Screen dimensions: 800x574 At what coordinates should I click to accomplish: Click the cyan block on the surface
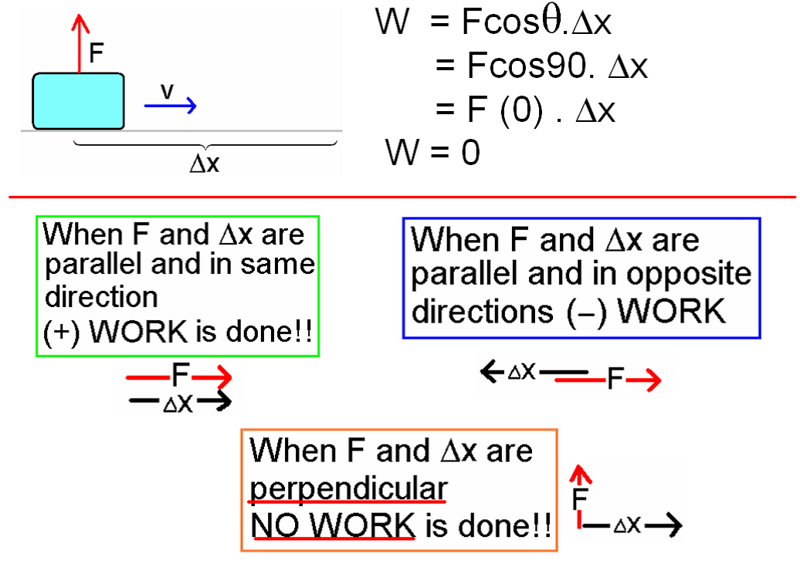[x=78, y=101]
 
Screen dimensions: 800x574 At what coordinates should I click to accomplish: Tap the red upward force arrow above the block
[x=80, y=43]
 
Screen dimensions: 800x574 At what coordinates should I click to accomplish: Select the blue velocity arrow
[x=171, y=106]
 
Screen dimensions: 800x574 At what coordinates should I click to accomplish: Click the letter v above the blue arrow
[x=167, y=91]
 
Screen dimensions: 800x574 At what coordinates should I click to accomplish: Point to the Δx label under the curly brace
[x=204, y=164]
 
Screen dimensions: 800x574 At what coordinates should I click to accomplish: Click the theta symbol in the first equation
[x=551, y=22]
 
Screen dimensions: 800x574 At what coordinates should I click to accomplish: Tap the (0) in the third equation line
[x=521, y=110]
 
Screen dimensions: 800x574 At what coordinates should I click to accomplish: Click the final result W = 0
[x=432, y=152]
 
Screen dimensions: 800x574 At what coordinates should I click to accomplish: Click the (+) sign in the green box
[x=62, y=333]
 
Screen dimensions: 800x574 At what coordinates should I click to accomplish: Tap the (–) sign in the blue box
[x=587, y=312]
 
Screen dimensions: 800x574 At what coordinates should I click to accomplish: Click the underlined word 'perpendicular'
[x=348, y=489]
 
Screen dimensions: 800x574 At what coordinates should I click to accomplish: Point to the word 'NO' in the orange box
[x=275, y=525]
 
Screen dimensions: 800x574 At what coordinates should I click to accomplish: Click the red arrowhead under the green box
[x=219, y=378]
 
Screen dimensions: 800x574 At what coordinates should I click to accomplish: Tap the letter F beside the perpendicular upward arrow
[x=580, y=498]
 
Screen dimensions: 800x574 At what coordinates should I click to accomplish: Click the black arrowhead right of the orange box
[x=670, y=525]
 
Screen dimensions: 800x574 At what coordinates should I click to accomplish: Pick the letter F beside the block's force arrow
[x=97, y=52]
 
